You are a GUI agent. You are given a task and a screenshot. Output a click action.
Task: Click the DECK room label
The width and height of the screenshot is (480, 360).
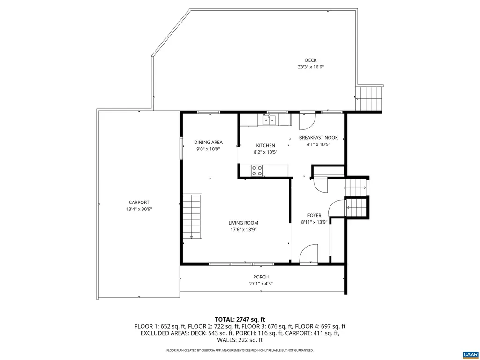(310, 60)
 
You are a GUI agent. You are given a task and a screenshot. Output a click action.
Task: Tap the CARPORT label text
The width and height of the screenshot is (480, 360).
(139, 202)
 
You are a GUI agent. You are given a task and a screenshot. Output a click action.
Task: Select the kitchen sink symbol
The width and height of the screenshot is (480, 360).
(269, 121)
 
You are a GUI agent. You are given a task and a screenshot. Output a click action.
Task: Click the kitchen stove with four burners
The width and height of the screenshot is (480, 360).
(257, 171)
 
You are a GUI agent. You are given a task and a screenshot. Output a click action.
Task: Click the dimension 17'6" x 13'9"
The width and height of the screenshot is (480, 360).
(243, 230)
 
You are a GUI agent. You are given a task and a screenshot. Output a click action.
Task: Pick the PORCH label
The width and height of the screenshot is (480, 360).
(261, 277)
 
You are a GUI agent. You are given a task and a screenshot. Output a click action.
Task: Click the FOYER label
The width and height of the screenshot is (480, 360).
(314, 216)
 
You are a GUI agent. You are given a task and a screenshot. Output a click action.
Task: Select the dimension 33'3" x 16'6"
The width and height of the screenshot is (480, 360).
(310, 67)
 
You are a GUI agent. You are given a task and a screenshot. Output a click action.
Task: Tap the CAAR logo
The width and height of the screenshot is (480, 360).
(469, 353)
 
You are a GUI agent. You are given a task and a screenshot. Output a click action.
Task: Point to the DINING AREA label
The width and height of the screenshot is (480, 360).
(208, 142)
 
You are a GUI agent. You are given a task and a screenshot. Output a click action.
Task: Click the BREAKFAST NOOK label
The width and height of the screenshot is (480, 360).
(318, 138)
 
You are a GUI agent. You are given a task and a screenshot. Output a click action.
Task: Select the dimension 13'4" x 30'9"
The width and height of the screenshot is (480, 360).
(139, 210)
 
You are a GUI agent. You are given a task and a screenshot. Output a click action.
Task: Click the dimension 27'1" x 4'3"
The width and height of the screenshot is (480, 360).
(261, 284)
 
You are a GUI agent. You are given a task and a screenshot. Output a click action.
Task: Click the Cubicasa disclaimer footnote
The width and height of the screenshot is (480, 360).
(240, 350)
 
